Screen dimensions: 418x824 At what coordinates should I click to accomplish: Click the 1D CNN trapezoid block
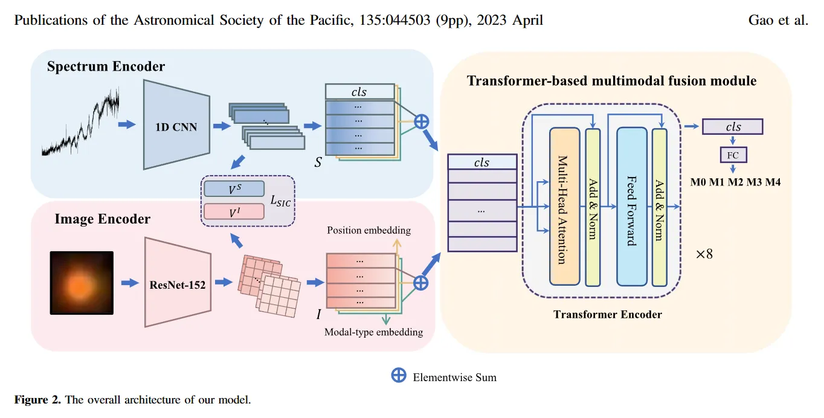(176, 127)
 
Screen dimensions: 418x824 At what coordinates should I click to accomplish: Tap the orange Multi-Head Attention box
(564, 206)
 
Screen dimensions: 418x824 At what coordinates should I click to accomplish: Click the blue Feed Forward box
(631, 206)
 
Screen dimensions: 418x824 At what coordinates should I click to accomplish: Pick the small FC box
(733, 155)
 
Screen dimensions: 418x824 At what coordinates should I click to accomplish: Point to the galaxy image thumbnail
(82, 283)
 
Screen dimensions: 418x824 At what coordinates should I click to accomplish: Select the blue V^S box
(234, 189)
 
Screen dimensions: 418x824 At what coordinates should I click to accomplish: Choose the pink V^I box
(234, 211)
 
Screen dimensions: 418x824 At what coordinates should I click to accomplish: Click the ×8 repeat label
(704, 254)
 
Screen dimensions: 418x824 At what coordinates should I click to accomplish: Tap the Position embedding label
(369, 230)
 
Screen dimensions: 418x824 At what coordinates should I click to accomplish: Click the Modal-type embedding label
(373, 332)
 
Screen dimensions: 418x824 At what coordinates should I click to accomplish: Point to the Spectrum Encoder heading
(106, 66)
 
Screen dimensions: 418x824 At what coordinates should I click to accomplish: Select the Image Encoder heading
(102, 219)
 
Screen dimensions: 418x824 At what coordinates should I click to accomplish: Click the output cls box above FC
(732, 127)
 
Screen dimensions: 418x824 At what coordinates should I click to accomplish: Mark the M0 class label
(699, 182)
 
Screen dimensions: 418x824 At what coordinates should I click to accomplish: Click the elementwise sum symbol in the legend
(399, 376)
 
